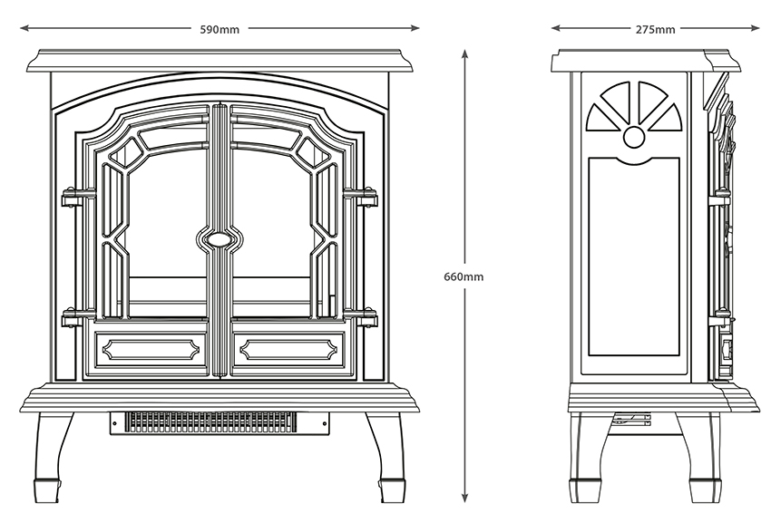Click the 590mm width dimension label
[x=220, y=29]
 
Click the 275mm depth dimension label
[x=655, y=29]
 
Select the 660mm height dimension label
[x=464, y=276]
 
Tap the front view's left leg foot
[x=47, y=490]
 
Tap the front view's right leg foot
[x=392, y=490]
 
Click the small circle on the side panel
[x=634, y=137]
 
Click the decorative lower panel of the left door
[x=150, y=348]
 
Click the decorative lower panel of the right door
[x=288, y=348]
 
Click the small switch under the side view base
[x=632, y=419]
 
